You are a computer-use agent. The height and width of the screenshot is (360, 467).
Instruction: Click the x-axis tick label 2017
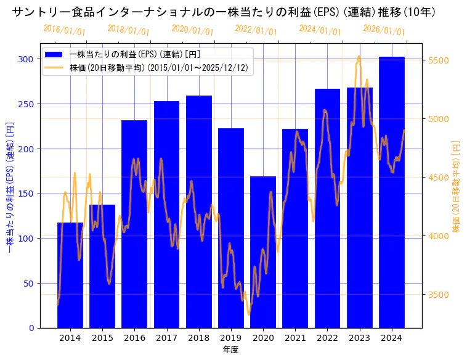[166, 338]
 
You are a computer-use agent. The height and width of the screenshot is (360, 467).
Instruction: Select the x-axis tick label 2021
[295, 338]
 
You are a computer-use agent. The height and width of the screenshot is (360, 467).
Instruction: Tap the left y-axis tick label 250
[26, 104]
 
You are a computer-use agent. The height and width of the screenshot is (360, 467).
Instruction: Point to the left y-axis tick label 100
[26, 239]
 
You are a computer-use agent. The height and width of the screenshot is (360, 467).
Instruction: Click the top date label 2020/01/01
[193, 30]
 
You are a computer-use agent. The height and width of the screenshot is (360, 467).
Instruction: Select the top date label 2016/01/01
[65, 30]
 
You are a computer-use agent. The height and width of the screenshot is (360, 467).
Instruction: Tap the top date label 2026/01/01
[384, 30]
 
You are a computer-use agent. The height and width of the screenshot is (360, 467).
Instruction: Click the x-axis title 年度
[230, 350]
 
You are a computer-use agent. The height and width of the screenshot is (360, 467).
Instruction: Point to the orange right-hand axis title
[457, 186]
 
